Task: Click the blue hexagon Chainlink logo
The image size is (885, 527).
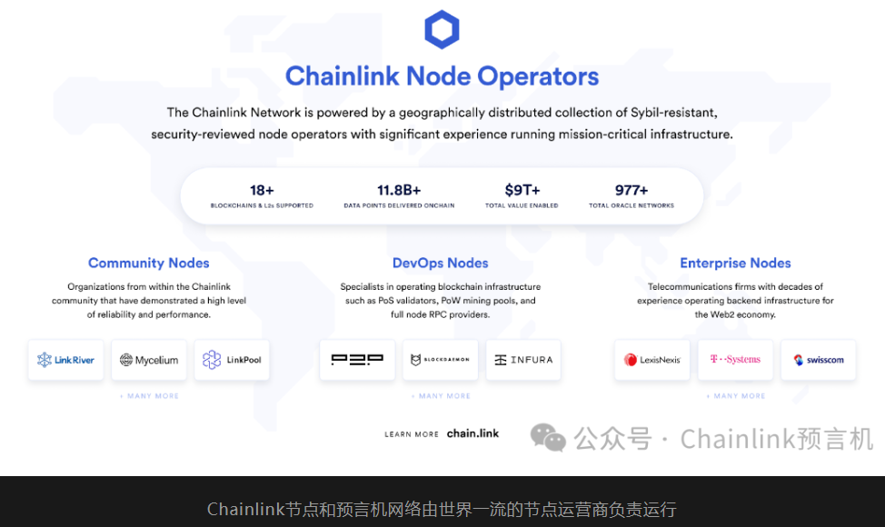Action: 442,29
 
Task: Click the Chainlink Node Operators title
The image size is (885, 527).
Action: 442,76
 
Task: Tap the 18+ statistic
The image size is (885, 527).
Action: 262,190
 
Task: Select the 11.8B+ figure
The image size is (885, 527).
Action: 399,190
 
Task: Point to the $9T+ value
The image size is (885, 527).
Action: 522,190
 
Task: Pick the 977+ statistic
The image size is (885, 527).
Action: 631,190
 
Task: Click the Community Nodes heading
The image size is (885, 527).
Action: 149,263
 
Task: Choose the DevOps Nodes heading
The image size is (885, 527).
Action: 441,263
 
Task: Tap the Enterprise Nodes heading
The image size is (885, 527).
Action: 735,263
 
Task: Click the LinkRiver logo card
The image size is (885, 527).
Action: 66,360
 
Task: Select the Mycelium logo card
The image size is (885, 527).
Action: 149,360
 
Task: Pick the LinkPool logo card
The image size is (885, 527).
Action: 232,360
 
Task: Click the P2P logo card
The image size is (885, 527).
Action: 357,360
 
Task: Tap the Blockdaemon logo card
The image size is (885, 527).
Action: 441,360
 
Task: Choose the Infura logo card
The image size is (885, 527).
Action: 523,360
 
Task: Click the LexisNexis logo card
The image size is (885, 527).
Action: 652,360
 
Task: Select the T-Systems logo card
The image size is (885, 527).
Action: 735,360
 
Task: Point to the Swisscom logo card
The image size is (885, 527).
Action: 819,360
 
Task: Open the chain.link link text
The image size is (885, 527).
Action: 472,433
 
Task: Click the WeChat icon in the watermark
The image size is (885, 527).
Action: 548,438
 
